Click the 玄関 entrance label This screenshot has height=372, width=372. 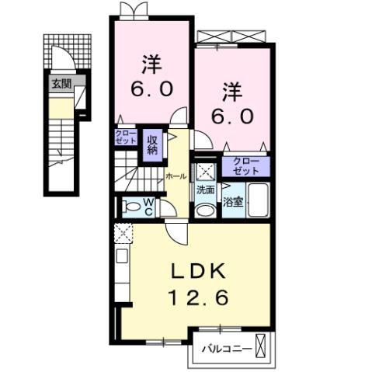[59, 83]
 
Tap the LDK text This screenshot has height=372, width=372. [198, 272]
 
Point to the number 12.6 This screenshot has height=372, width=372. [198, 297]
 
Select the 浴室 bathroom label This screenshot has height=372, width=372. [232, 202]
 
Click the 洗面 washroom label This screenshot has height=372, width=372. [205, 189]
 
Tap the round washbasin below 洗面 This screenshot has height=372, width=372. [204, 210]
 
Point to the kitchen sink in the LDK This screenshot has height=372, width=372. [123, 256]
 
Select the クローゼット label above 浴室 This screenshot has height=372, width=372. [245, 165]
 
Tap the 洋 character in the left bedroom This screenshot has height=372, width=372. [151, 61]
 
